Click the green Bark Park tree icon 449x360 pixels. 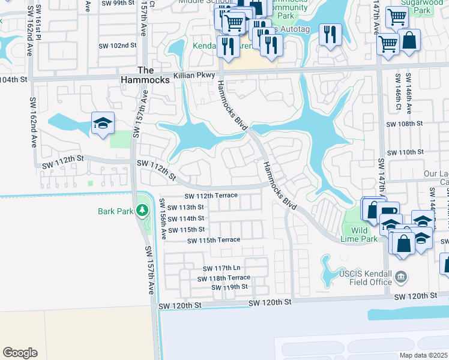click(142, 211)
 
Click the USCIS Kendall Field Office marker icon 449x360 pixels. click(402, 277)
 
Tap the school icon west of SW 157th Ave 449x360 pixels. click(103, 124)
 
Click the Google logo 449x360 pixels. click(20, 353)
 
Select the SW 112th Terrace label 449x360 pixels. click(211, 196)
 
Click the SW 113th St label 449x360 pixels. click(187, 207)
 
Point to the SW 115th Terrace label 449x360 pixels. click(214, 240)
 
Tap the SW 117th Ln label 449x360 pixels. click(221, 268)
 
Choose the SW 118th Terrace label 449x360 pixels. click(224, 278)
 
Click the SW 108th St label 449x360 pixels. click(405, 124)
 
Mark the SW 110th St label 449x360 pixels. click(405, 152)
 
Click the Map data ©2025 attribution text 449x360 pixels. click(424, 355)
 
